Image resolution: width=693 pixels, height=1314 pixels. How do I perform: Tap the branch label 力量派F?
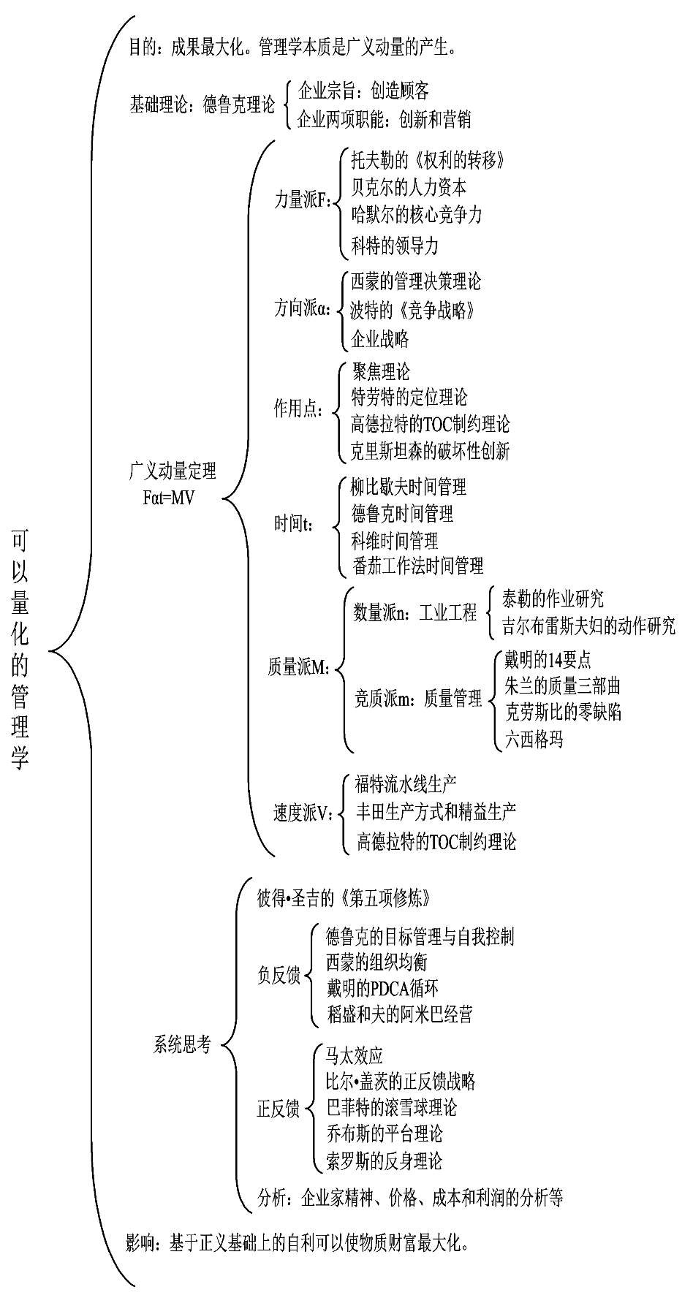(302, 200)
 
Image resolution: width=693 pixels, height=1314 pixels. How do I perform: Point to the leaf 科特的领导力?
(395, 246)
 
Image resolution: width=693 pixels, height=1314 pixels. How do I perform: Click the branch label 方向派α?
(302, 309)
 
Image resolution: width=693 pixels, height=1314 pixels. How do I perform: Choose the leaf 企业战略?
(379, 339)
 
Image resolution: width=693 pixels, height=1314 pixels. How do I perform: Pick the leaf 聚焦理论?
(381, 371)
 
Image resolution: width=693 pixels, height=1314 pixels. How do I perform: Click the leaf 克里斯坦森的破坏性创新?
(430, 450)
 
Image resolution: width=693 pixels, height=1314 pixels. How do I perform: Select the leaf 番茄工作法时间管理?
(417, 565)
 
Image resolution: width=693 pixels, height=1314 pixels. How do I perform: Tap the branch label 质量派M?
(298, 667)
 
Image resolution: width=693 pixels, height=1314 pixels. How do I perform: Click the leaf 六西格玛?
(534, 740)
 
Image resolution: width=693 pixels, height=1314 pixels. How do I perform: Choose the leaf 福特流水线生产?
(406, 784)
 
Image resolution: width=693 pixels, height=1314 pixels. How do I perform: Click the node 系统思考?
(182, 1045)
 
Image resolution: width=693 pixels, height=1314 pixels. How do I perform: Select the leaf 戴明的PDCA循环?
(382, 988)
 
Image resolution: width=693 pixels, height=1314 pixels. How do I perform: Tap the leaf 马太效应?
(355, 1055)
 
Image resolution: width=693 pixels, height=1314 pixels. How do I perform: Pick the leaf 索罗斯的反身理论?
(385, 1160)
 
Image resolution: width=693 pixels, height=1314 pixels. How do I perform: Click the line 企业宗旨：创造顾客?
(363, 91)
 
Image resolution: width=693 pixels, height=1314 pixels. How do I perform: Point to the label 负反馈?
(279, 975)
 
